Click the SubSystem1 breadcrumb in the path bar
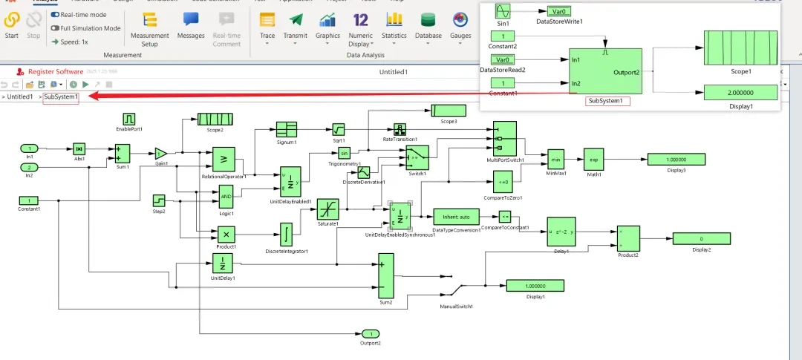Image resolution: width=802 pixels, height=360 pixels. (61, 97)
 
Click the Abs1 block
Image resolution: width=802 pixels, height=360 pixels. (79, 148)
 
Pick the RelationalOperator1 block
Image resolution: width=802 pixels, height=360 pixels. (224, 159)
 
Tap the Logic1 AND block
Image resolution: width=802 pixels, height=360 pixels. (226, 197)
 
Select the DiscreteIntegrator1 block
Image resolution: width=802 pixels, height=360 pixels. (286, 235)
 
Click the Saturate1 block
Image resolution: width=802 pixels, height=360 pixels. (327, 209)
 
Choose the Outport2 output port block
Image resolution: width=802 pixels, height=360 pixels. (370, 333)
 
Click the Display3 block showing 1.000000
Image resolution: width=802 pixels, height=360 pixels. (676, 160)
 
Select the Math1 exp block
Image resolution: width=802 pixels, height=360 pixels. (594, 160)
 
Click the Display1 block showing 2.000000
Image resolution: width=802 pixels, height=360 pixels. (740, 92)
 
